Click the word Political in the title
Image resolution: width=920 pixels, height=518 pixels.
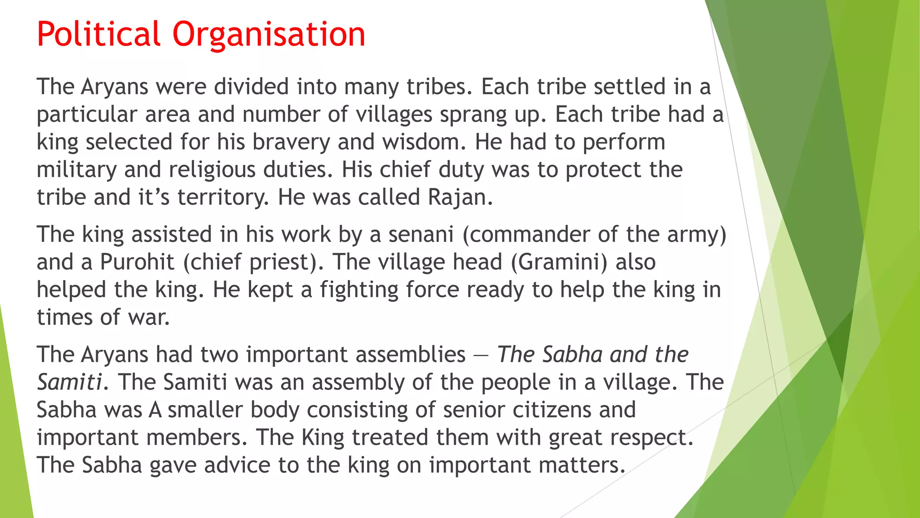coord(98,34)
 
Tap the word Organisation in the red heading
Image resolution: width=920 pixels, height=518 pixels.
coord(269,34)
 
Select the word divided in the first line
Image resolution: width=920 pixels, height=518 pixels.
coord(251,86)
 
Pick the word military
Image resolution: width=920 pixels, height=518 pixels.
coord(76,170)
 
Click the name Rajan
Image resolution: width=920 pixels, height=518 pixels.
coord(460,197)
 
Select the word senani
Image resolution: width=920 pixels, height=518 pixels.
coord(421,235)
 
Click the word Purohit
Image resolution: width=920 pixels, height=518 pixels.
coord(137,262)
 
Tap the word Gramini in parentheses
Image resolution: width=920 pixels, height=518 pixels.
coord(559,262)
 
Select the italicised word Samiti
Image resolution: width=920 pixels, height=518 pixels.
coord(70,382)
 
